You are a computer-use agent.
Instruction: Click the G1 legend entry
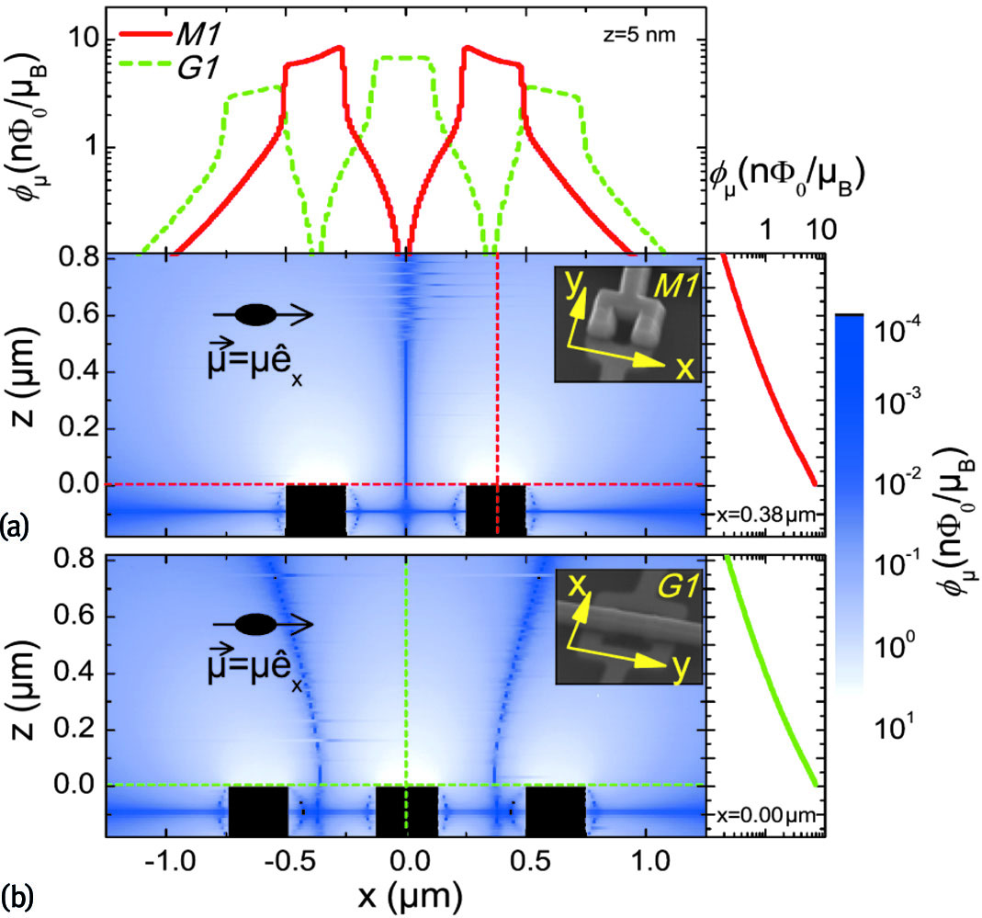(189, 63)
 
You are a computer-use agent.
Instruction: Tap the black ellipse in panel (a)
(256, 314)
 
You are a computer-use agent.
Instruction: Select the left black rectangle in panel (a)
(316, 510)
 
